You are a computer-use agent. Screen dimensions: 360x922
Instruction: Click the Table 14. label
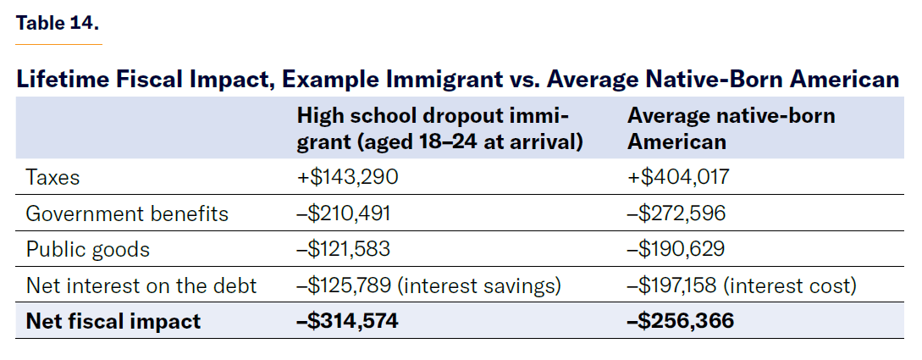pyautogui.click(x=58, y=23)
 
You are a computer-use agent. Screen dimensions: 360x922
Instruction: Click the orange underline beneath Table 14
pyautogui.click(x=58, y=43)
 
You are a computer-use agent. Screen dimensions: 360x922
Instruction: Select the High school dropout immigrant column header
pyautogui.click(x=439, y=129)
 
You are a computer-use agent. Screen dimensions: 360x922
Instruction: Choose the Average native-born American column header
pyautogui.click(x=731, y=129)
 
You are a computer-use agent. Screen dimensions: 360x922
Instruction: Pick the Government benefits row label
pyautogui.click(x=127, y=213)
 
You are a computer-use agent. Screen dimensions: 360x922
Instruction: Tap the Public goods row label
pyautogui.click(x=88, y=250)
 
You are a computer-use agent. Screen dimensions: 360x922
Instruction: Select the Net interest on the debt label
pyautogui.click(x=141, y=286)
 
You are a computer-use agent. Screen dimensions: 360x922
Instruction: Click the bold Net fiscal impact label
pyautogui.click(x=113, y=322)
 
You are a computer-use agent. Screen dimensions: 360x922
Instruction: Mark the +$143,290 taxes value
pyautogui.click(x=346, y=178)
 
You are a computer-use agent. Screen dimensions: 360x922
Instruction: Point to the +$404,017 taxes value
pyautogui.click(x=677, y=178)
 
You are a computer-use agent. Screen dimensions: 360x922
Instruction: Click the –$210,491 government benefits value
pyautogui.click(x=343, y=213)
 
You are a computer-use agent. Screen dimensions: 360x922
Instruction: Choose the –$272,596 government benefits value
pyautogui.click(x=676, y=213)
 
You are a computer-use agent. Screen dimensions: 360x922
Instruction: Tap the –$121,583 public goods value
pyautogui.click(x=343, y=250)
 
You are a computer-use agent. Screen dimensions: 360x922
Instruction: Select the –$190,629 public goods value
pyautogui.click(x=676, y=250)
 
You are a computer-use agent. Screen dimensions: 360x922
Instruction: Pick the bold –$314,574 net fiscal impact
pyautogui.click(x=346, y=322)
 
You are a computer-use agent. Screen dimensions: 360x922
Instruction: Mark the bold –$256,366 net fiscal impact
pyautogui.click(x=680, y=322)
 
